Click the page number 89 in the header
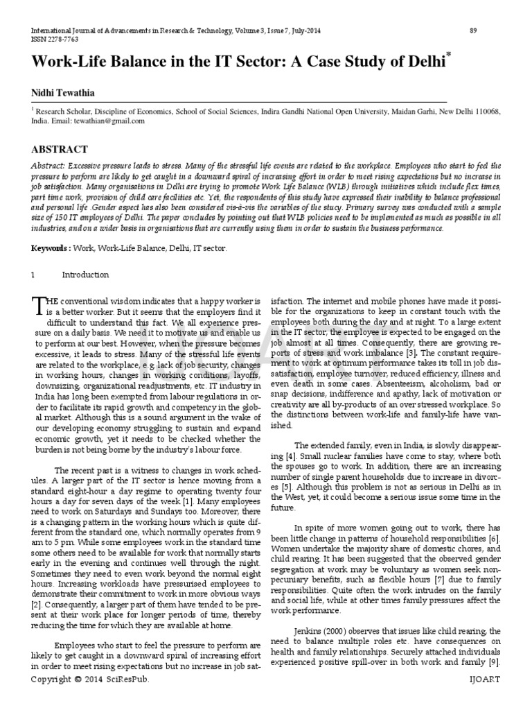tap(474, 31)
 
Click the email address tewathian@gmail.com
tap(112, 121)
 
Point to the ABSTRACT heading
tap(60, 149)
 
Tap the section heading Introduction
tap(85, 275)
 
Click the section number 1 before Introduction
tap(33, 275)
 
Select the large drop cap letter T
tap(38, 306)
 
